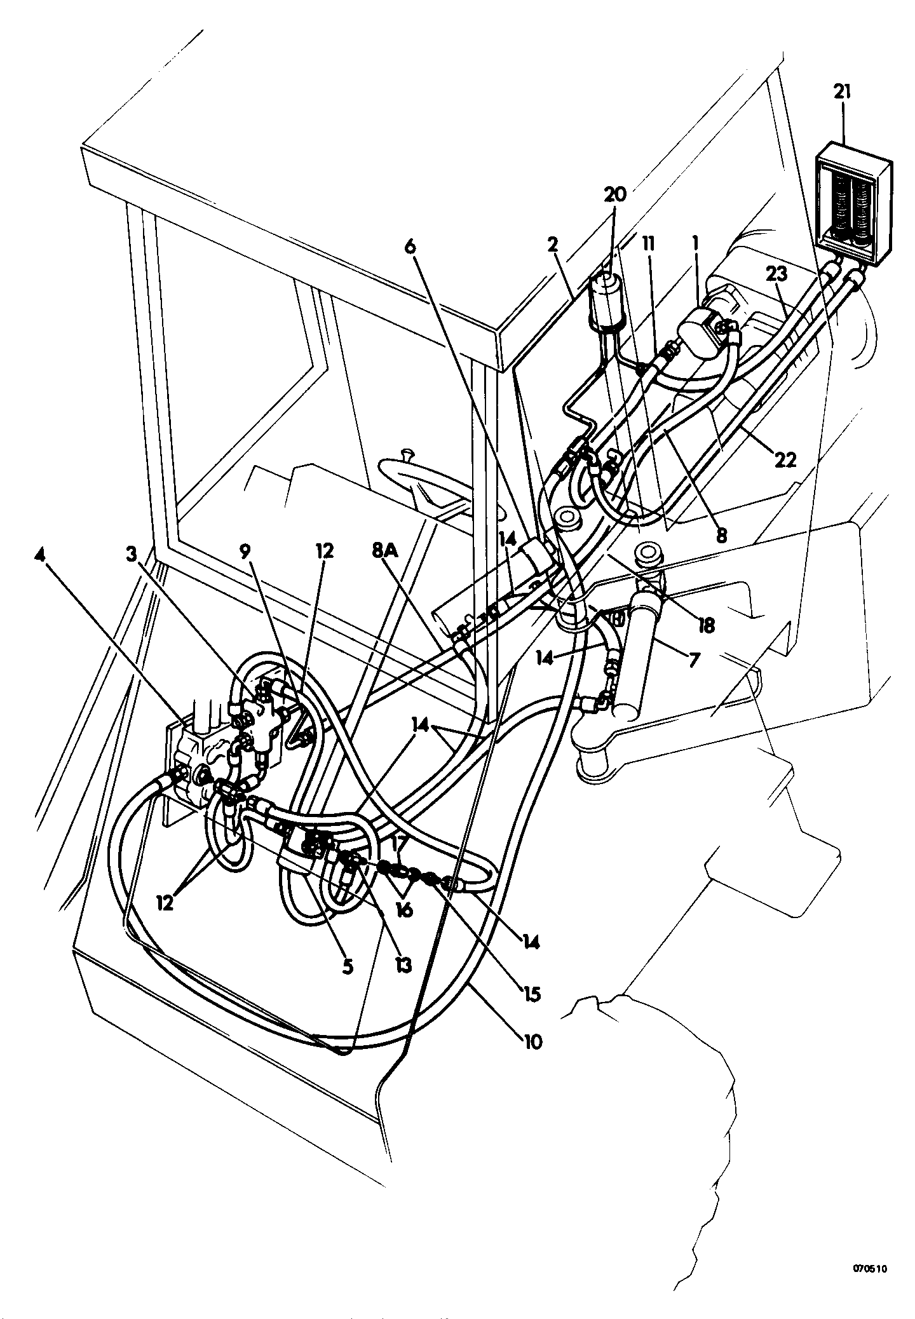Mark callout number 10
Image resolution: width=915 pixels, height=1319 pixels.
coord(531,1041)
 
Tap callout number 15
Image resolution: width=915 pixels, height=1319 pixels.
coord(530,993)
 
